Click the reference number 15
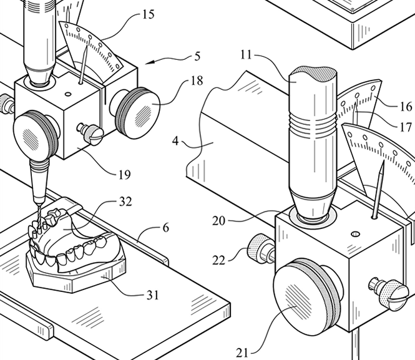(x=149, y=14)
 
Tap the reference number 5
(x=197, y=57)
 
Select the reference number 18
(x=197, y=80)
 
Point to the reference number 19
(x=125, y=175)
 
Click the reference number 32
(x=125, y=202)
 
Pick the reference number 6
(x=165, y=228)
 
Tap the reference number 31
(x=152, y=295)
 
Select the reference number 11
(x=246, y=55)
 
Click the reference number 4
(x=175, y=141)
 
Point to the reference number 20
(x=218, y=221)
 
